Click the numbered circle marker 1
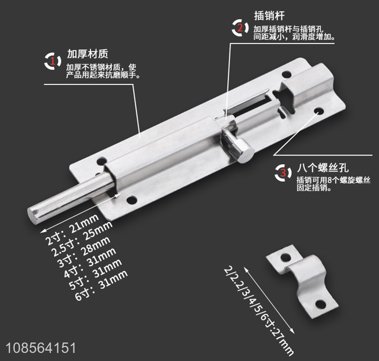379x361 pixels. point(53,61)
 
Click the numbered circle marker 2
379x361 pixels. point(240,28)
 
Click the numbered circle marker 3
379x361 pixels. point(283,173)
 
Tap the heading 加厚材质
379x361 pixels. point(88,54)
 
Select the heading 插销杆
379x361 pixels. point(269,16)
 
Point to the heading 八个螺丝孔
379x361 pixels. point(323,167)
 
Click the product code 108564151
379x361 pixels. point(41,348)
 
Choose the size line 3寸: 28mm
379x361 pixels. point(84,252)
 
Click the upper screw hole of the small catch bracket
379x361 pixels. point(286,257)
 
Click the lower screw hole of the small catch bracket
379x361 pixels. point(321,304)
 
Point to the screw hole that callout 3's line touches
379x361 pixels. point(319,111)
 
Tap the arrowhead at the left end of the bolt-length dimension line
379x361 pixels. point(43,231)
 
